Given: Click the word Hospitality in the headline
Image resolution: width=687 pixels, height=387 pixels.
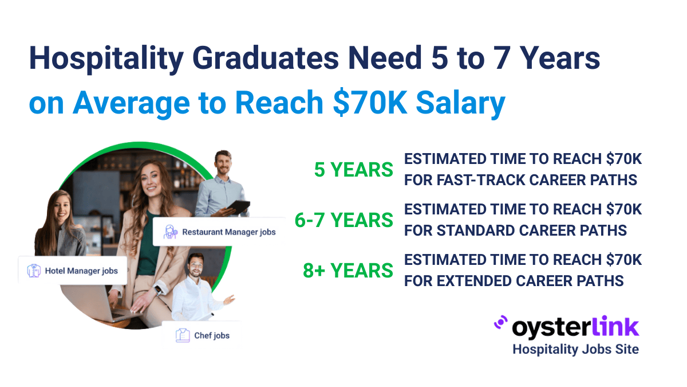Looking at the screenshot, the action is tap(106, 59).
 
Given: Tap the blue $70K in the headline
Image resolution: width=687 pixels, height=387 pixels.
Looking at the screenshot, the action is tap(370, 103).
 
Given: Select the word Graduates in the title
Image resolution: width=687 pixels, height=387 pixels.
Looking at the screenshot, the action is tap(266, 58).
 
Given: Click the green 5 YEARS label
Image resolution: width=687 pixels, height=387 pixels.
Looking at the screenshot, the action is tap(353, 170).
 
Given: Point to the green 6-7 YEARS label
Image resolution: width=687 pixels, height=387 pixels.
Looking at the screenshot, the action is tap(343, 220).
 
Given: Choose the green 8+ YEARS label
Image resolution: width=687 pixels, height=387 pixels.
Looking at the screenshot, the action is tap(348, 271).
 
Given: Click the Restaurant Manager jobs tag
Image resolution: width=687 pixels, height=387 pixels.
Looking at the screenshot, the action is tap(219, 232).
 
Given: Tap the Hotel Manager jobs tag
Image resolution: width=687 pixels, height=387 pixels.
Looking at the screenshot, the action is tap(73, 271).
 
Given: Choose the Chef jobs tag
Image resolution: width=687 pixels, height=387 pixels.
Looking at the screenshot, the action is tap(202, 335).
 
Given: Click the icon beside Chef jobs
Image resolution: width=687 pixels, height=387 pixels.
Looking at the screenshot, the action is tap(183, 335).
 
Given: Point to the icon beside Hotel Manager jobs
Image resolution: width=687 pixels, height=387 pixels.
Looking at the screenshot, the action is tap(34, 271).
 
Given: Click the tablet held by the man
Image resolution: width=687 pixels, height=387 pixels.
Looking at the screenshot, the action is tap(238, 207).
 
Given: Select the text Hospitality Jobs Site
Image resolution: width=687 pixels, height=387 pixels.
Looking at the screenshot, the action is tap(576, 349).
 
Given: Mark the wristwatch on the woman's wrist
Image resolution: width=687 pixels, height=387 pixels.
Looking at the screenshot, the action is tap(157, 290).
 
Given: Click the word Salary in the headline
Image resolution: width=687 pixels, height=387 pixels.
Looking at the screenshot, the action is tap(461, 103).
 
